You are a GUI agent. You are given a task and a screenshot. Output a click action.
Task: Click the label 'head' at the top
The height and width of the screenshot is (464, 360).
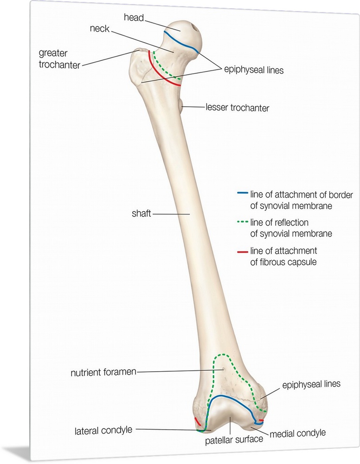coord(134,18)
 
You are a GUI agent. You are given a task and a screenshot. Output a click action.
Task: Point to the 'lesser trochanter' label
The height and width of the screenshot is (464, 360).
coord(237,108)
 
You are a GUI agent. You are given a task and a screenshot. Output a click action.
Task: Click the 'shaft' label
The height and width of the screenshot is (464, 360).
coord(141,214)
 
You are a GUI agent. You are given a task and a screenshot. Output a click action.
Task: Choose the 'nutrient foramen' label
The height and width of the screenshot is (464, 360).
coord(103,372)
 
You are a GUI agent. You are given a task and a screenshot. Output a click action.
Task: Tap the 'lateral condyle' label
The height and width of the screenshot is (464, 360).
coord(103,430)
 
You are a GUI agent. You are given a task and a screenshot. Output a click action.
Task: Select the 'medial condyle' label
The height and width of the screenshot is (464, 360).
coord(297,433)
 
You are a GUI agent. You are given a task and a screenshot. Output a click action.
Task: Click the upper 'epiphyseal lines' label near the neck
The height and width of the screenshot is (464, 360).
coord(253,70)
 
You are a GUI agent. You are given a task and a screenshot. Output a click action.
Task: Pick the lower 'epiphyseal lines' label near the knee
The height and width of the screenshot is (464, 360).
coord(311,384)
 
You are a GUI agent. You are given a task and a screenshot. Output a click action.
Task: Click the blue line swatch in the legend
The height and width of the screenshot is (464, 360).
coord(242,192)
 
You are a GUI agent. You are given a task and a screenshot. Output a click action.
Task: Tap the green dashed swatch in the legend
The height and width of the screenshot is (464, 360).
coord(242,222)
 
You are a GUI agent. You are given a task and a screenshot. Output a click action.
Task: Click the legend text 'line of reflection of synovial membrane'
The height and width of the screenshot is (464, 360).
coord(291,228)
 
